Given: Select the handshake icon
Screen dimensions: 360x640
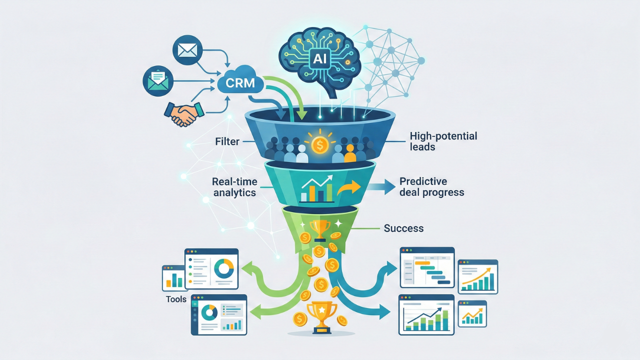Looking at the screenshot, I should pyautogui.click(x=183, y=112).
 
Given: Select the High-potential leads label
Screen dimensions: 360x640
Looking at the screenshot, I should pyautogui.click(x=443, y=141).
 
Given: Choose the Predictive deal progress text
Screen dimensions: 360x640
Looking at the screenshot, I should pyautogui.click(x=431, y=186).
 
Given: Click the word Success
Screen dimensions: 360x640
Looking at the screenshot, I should pyautogui.click(x=403, y=228).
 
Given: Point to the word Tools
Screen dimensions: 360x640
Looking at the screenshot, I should pyautogui.click(x=175, y=299).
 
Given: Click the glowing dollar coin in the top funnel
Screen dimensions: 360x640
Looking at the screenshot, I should pyautogui.click(x=319, y=144).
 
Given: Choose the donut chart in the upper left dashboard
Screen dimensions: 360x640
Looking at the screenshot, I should pyautogui.click(x=223, y=269).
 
